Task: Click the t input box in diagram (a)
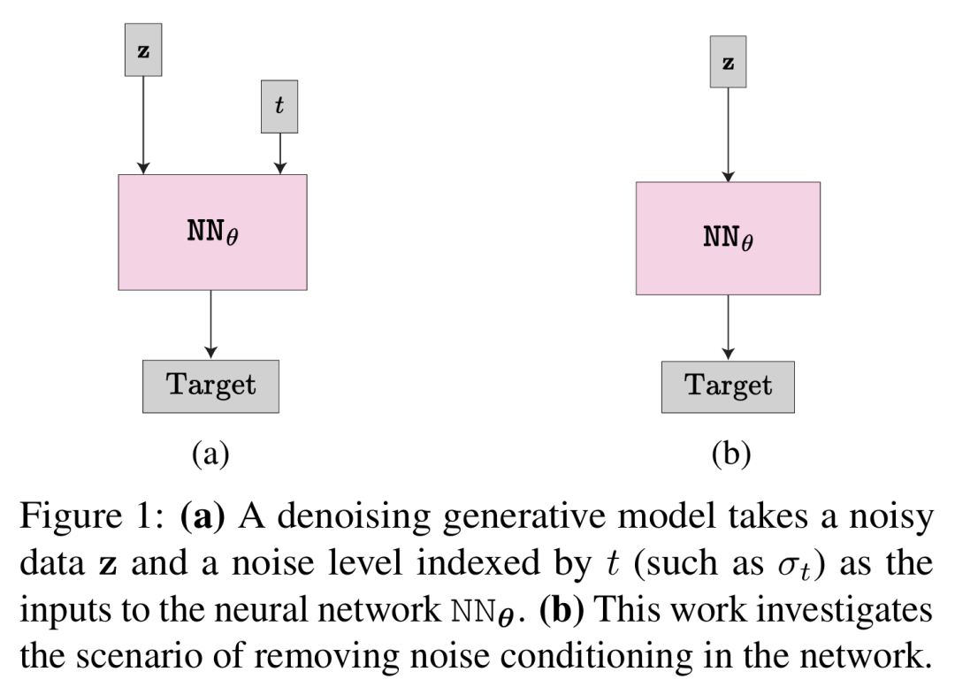[279, 107]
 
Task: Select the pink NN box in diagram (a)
[212, 232]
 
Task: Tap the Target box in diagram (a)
[210, 386]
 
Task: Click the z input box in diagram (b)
[728, 62]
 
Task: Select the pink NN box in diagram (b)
[728, 239]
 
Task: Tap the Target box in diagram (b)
[728, 386]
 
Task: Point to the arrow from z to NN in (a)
[143, 125]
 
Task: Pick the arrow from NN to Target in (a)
[210, 324]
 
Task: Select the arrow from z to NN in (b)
[728, 134]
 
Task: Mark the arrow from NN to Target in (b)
[728, 327]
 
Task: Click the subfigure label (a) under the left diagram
[210, 454]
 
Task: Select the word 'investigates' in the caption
[852, 610]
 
